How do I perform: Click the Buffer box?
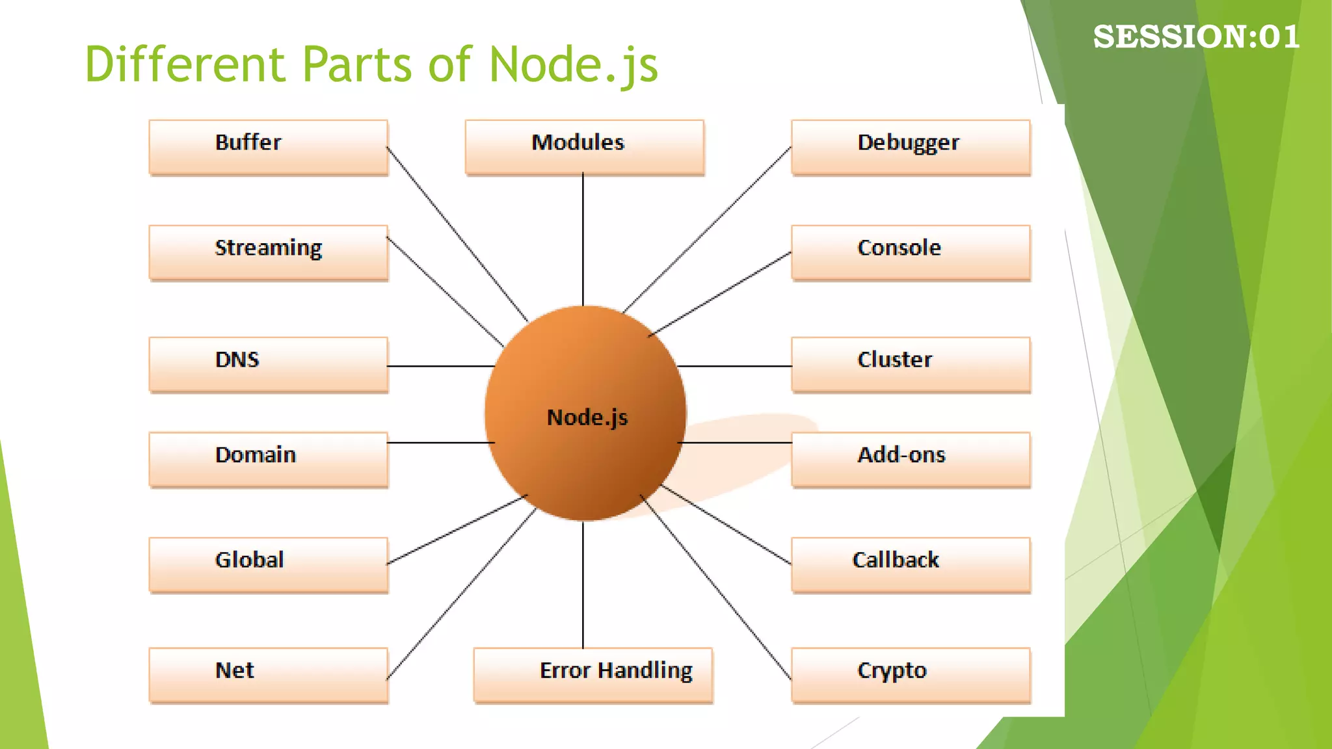click(x=268, y=147)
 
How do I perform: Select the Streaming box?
click(x=268, y=252)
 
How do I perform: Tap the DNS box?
click(x=268, y=364)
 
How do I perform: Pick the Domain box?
click(x=268, y=459)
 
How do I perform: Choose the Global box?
click(x=268, y=564)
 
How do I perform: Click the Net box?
click(x=268, y=675)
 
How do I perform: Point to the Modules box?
click(x=584, y=147)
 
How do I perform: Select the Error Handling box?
click(x=593, y=675)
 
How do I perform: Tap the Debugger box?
click(x=911, y=147)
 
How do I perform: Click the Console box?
click(x=911, y=252)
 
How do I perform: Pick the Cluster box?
click(x=911, y=364)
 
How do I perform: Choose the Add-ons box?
click(x=911, y=459)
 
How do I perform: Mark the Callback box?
click(x=911, y=564)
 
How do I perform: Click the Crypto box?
click(x=911, y=675)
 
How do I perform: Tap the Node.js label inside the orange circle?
click(x=587, y=417)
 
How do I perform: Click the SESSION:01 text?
click(x=1196, y=36)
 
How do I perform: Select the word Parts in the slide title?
click(x=357, y=64)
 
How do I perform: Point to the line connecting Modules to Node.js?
click(x=583, y=241)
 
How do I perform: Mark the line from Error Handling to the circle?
click(x=583, y=585)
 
